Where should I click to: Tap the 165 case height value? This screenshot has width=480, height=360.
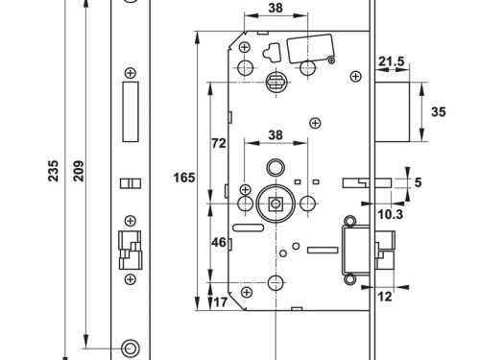(185, 179)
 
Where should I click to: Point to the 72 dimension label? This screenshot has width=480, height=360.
(219, 143)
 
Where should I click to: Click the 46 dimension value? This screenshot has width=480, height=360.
(219, 244)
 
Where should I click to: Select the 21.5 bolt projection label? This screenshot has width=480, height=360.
(392, 63)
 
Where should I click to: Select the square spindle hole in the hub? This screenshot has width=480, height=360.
(274, 204)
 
